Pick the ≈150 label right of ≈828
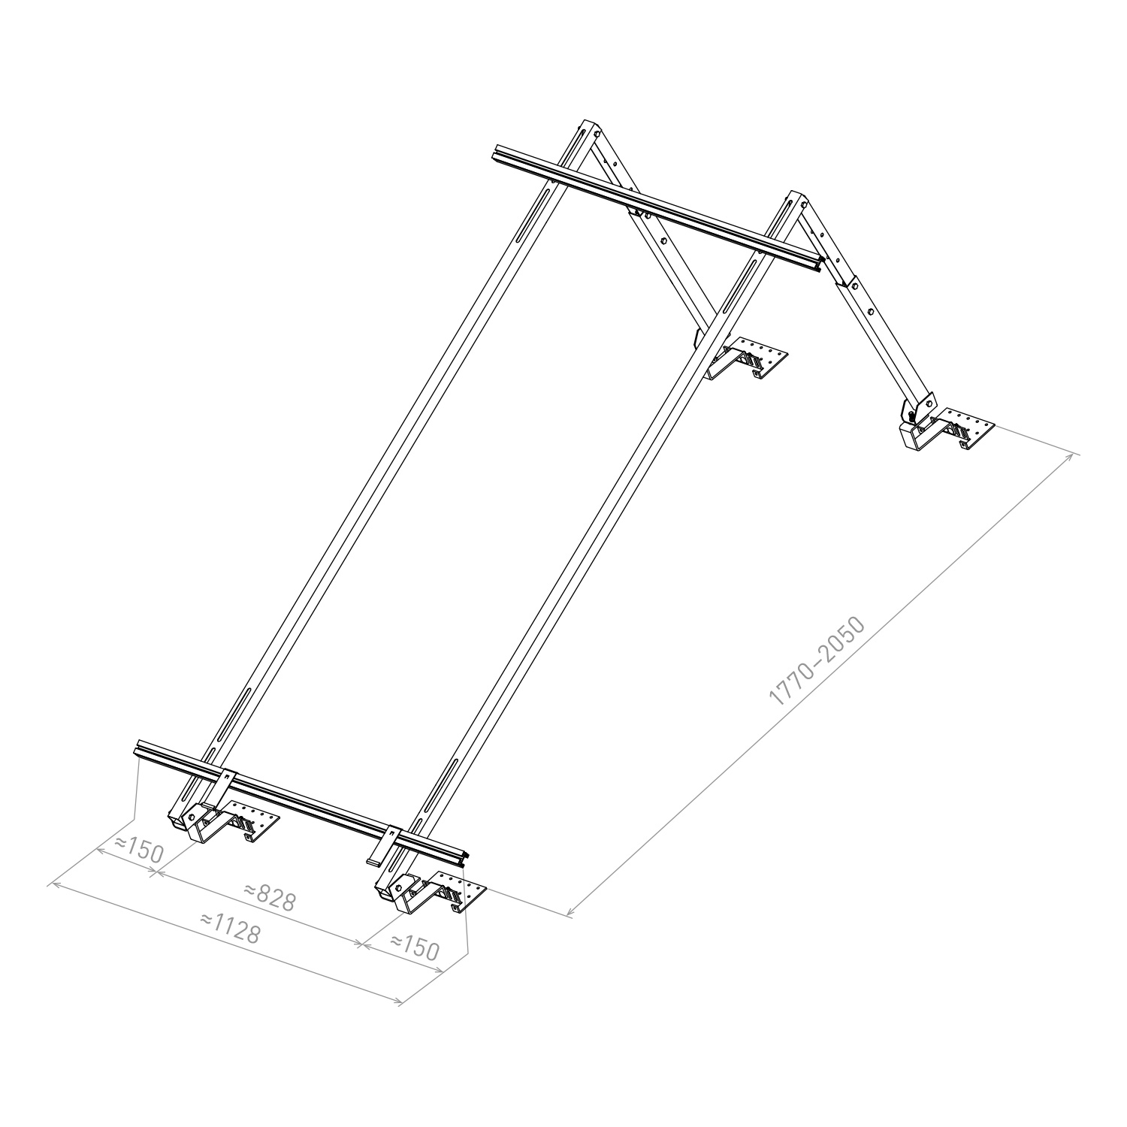tap(413, 947)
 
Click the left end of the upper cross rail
tap(497, 153)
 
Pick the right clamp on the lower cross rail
tap(387, 845)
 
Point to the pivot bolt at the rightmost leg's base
tap(912, 413)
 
